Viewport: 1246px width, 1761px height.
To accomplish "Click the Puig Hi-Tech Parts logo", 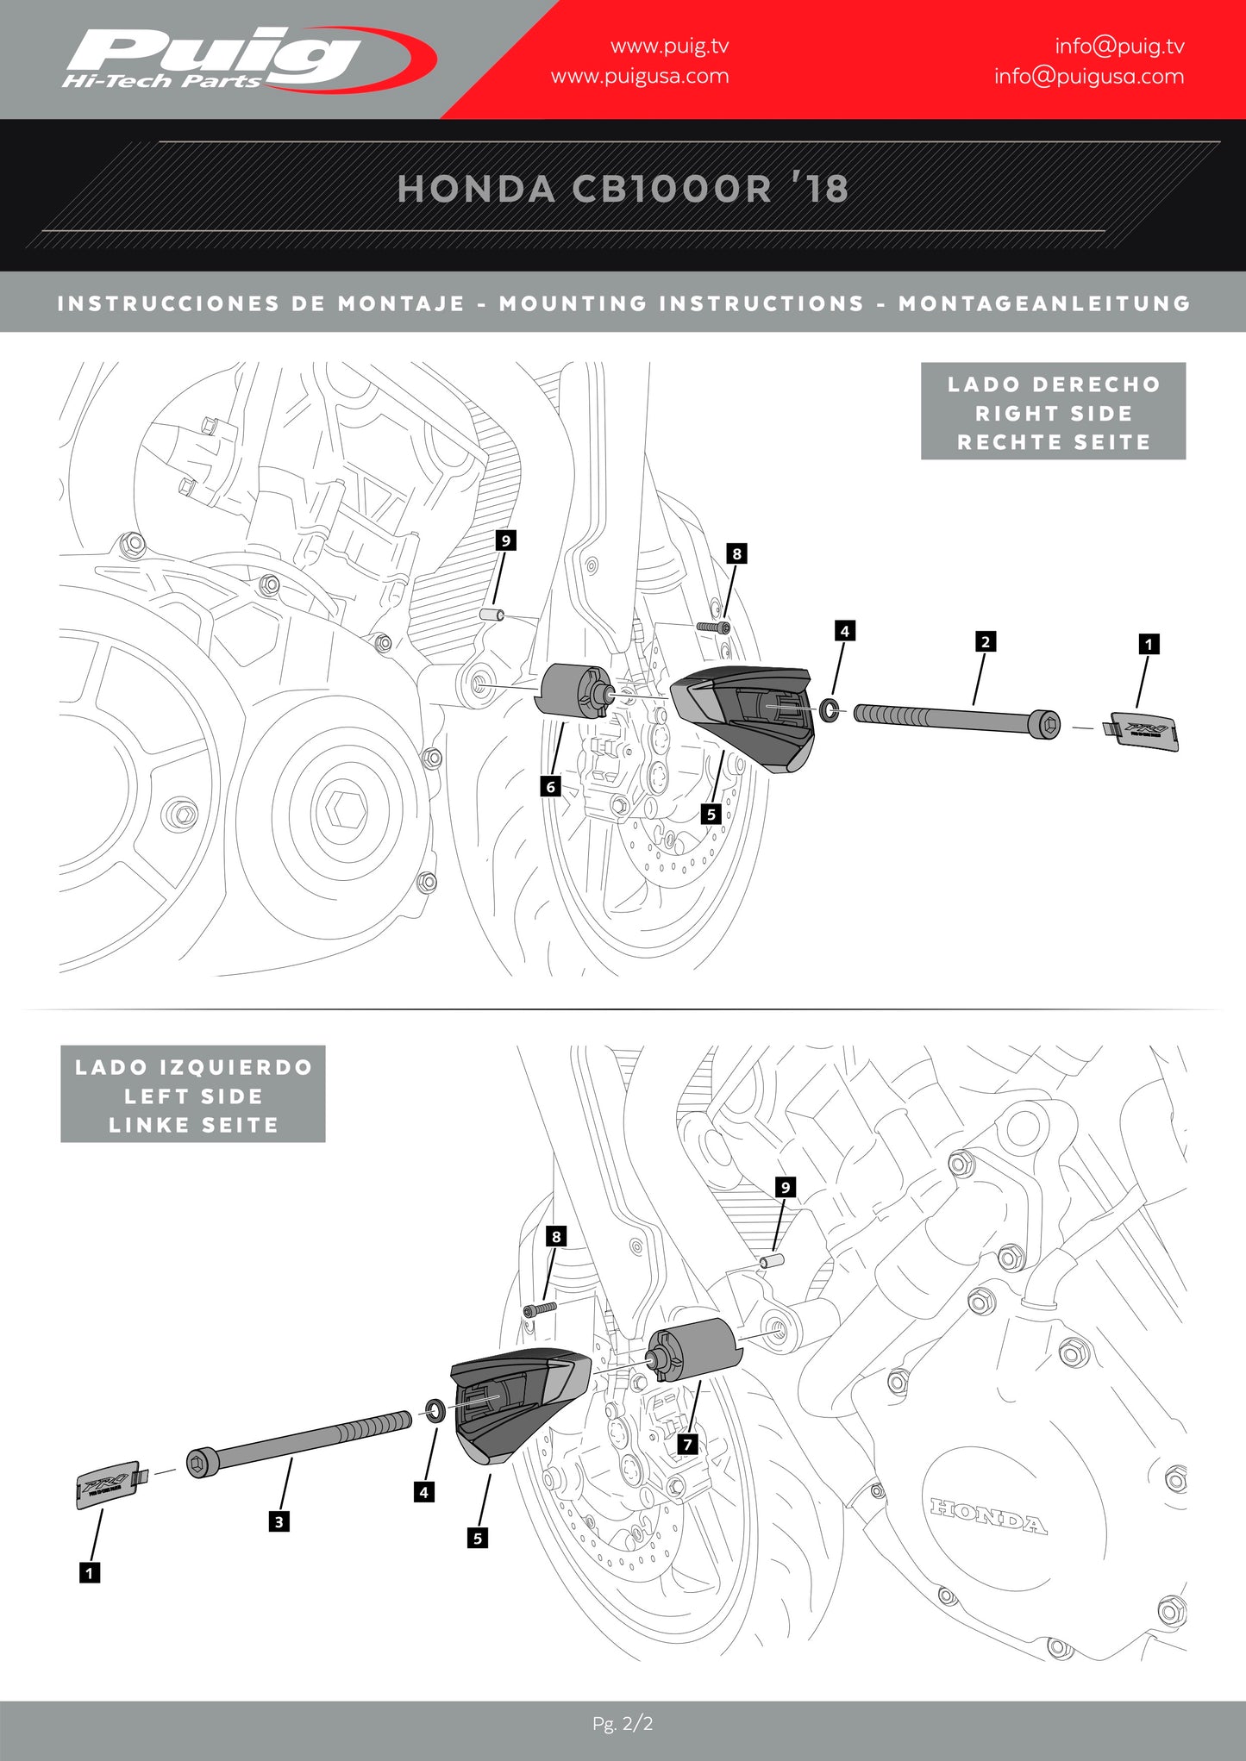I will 246,59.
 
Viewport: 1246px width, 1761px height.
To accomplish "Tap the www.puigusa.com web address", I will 640,76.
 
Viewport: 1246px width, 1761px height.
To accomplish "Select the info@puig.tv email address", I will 1119,46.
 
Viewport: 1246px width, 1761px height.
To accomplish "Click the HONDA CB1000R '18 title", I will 623,189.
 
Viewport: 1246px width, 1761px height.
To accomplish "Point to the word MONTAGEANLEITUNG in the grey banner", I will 1044,303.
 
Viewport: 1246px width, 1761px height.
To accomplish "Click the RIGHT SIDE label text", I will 1053,413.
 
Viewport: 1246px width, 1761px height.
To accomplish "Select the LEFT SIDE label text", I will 193,1096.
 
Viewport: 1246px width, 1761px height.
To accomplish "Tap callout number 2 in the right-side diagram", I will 986,641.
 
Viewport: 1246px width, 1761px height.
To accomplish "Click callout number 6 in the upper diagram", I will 550,786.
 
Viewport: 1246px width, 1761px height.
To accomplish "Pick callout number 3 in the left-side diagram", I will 279,1521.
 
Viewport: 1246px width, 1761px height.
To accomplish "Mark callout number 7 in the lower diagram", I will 687,1444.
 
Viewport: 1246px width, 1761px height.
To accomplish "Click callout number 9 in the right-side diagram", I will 506,540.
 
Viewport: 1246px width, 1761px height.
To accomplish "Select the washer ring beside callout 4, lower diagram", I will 435,1410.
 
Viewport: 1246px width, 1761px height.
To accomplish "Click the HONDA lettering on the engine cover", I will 988,1516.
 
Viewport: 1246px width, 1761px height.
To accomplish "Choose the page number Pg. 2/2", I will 623,1723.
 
